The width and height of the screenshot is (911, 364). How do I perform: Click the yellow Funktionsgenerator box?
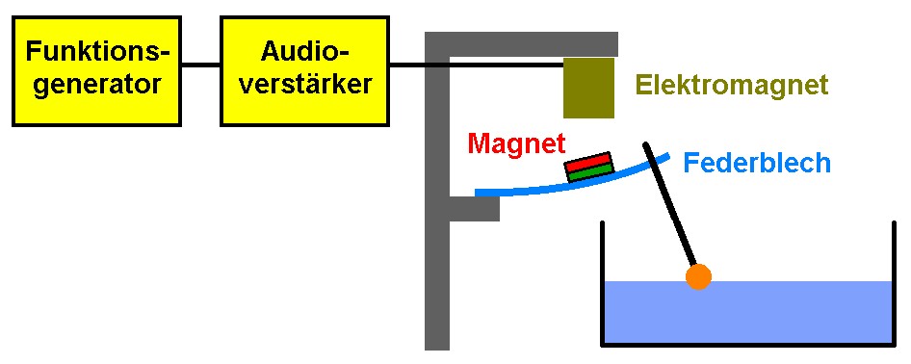pyautogui.click(x=96, y=71)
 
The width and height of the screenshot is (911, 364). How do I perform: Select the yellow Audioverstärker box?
pyautogui.click(x=304, y=71)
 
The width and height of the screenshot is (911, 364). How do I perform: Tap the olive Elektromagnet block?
pyautogui.click(x=588, y=88)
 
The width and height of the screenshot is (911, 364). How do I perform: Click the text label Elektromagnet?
pyautogui.click(x=732, y=86)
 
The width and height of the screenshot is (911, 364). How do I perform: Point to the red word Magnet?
pyautogui.click(x=516, y=143)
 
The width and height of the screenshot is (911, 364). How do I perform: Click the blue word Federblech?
pyautogui.click(x=757, y=163)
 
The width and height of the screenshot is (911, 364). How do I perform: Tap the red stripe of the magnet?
pyautogui.click(x=588, y=161)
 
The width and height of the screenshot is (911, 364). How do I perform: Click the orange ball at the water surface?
pyautogui.click(x=698, y=276)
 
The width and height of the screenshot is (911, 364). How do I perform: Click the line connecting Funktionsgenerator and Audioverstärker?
pyautogui.click(x=201, y=64)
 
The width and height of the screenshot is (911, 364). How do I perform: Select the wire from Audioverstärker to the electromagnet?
pyautogui.click(x=477, y=64)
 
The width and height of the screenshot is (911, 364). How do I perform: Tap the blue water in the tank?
pyautogui.click(x=747, y=312)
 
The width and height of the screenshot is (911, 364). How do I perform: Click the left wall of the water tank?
pyautogui.click(x=602, y=283)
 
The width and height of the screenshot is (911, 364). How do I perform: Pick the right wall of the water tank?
pyautogui.click(x=895, y=283)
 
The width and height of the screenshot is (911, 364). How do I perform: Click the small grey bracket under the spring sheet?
pyautogui.click(x=475, y=208)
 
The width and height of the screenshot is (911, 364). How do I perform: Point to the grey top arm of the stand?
pyautogui.click(x=521, y=44)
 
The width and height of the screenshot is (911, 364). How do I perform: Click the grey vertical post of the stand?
pyautogui.click(x=437, y=192)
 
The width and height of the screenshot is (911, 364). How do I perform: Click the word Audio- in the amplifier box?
pyautogui.click(x=305, y=53)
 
